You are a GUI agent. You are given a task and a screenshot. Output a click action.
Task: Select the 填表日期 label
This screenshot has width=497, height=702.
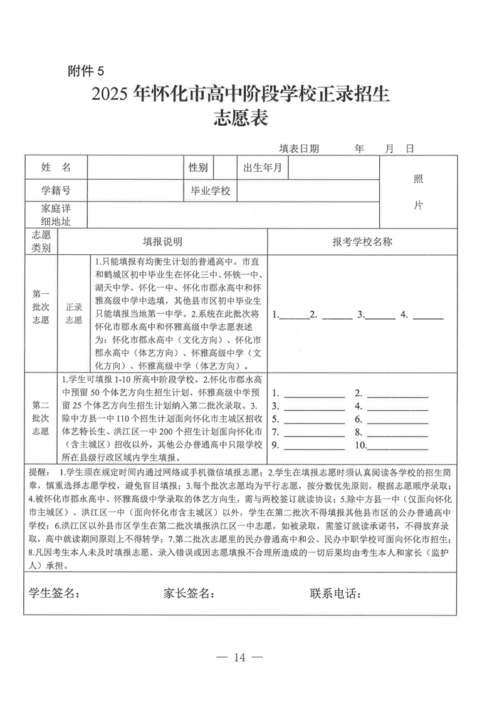(x=300, y=148)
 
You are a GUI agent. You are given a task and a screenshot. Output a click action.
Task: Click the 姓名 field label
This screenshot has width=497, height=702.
(x=56, y=167)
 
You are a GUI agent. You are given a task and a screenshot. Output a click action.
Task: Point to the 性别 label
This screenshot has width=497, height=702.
(x=198, y=167)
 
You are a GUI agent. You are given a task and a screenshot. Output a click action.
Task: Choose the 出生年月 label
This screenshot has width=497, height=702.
(x=263, y=167)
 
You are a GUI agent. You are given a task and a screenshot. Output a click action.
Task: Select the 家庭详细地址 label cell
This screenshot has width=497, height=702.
(x=56, y=214)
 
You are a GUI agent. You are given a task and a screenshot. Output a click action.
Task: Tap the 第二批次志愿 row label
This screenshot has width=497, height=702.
(x=41, y=418)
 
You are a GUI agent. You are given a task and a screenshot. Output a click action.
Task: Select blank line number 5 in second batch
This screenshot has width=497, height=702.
(x=315, y=419)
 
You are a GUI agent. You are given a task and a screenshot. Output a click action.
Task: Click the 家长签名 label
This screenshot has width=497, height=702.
(x=189, y=593)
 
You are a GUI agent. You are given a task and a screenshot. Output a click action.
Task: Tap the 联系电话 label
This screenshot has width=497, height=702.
(x=335, y=593)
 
